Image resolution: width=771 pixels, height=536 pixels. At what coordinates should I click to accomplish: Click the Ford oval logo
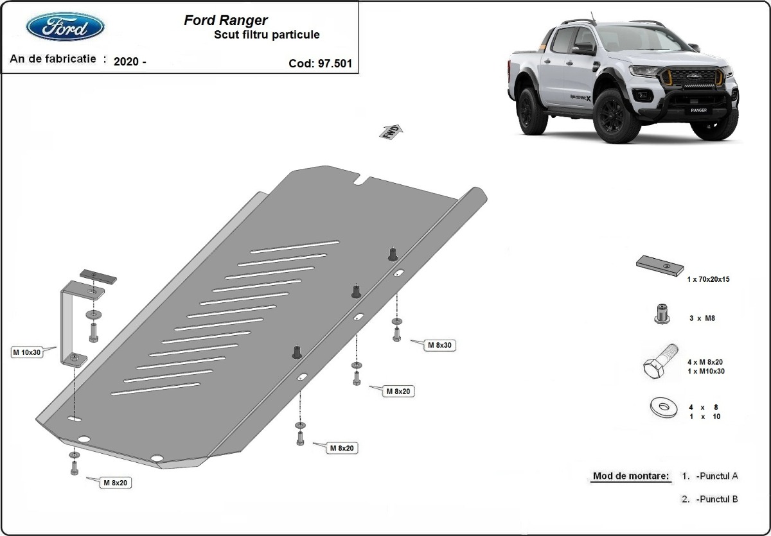pyautogui.click(x=65, y=27)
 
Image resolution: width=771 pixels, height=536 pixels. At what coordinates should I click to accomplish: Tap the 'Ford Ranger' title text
pyautogui.click(x=226, y=21)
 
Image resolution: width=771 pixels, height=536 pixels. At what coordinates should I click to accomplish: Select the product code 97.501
pyautogui.click(x=321, y=64)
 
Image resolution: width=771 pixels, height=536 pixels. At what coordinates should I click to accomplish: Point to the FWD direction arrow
pyautogui.click(x=391, y=132)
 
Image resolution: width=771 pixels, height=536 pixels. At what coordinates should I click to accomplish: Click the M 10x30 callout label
pyautogui.click(x=26, y=352)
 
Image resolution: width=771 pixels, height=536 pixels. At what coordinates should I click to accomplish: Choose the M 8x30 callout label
pyautogui.click(x=440, y=345)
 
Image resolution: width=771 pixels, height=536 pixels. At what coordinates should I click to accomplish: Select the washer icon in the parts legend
pyautogui.click(x=662, y=407)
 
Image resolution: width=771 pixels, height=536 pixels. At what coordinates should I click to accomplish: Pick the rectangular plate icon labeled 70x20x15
pyautogui.click(x=659, y=264)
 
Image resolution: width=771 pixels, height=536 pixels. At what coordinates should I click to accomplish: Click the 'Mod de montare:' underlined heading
pyautogui.click(x=630, y=476)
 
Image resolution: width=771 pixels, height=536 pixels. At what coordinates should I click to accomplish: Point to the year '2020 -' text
pyautogui.click(x=129, y=62)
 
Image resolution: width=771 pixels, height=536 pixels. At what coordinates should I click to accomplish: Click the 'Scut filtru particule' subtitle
pyautogui.click(x=266, y=35)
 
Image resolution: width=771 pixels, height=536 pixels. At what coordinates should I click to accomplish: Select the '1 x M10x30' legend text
pyautogui.click(x=705, y=371)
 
